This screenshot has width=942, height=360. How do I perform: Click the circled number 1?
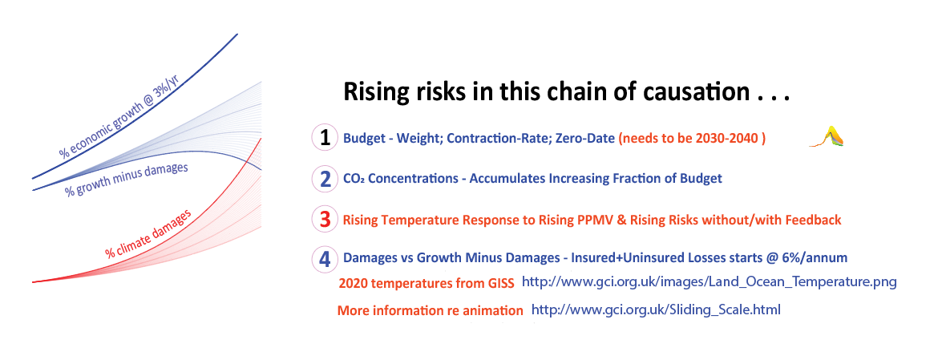point(325,138)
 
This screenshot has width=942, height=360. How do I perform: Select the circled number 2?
point(325,179)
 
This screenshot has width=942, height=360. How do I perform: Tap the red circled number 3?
point(325,220)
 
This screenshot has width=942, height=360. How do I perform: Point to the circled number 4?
point(325,259)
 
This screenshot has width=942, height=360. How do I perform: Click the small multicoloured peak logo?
point(827,136)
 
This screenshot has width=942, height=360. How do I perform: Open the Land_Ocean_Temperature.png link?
point(710,281)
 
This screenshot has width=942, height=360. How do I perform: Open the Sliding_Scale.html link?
point(656,311)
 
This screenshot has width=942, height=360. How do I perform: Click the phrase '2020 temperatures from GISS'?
point(427,284)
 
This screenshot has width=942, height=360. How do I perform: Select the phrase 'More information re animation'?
point(431,311)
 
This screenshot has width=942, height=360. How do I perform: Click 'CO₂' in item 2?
point(354,179)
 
